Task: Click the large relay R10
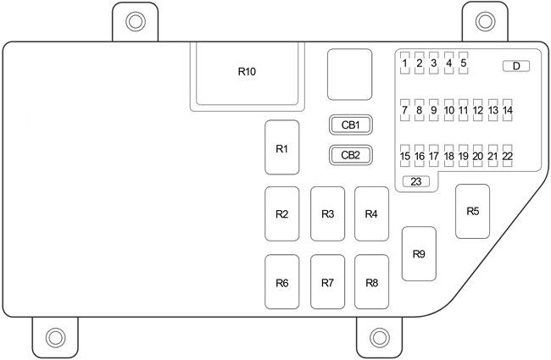click(x=247, y=72)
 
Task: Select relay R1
click(x=281, y=148)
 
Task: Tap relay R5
click(x=473, y=211)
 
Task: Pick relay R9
click(x=419, y=254)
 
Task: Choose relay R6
click(x=281, y=282)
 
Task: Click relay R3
click(x=327, y=213)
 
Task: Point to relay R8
click(x=371, y=282)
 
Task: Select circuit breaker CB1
click(x=351, y=125)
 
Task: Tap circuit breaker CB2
click(x=351, y=155)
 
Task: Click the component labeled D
click(x=515, y=65)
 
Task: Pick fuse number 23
click(x=416, y=181)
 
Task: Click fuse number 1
click(x=405, y=63)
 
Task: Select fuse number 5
click(x=464, y=63)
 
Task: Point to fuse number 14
click(x=508, y=110)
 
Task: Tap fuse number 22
click(x=508, y=156)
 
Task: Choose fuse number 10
click(x=449, y=110)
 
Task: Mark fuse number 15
click(x=405, y=156)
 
